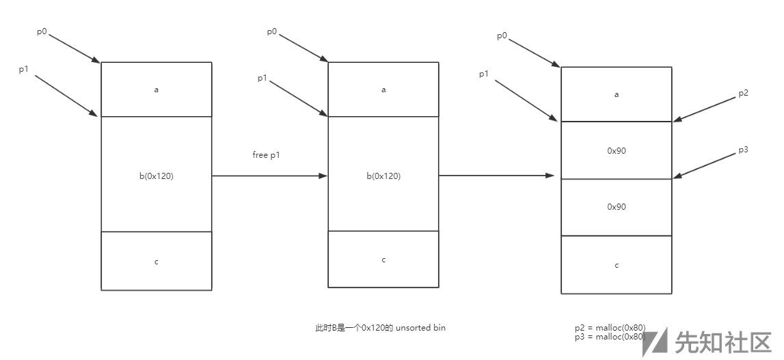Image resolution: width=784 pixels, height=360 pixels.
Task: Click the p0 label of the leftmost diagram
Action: click(x=42, y=31)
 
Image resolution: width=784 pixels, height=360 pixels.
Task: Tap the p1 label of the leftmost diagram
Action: click(x=23, y=70)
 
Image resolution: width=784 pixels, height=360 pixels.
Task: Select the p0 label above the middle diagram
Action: click(x=271, y=31)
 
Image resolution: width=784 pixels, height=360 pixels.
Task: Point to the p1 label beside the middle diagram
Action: click(x=262, y=78)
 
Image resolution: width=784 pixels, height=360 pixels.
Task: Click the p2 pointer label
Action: click(x=744, y=94)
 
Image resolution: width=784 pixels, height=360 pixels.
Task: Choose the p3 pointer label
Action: click(x=744, y=149)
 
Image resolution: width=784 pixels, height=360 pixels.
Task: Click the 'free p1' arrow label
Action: click(x=267, y=155)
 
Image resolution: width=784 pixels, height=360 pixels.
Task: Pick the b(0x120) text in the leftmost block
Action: click(x=156, y=176)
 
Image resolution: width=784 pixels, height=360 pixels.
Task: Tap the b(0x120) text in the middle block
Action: click(x=383, y=176)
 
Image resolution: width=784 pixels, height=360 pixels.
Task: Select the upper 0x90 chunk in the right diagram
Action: click(x=617, y=150)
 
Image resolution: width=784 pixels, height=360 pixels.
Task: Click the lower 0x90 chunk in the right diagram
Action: click(x=617, y=206)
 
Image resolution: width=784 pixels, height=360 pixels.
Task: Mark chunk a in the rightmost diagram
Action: click(x=617, y=94)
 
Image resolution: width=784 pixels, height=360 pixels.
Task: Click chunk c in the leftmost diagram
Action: click(x=157, y=261)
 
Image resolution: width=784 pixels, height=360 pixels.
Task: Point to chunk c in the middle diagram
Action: click(x=383, y=260)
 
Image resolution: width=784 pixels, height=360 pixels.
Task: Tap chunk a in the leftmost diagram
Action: click(x=157, y=89)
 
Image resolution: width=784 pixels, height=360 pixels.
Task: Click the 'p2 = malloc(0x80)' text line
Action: click(x=610, y=327)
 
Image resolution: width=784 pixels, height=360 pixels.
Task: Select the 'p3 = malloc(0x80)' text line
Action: click(x=610, y=336)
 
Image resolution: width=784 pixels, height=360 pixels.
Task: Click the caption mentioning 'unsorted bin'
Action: click(x=380, y=328)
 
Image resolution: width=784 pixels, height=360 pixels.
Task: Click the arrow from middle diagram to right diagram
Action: click(x=496, y=176)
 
